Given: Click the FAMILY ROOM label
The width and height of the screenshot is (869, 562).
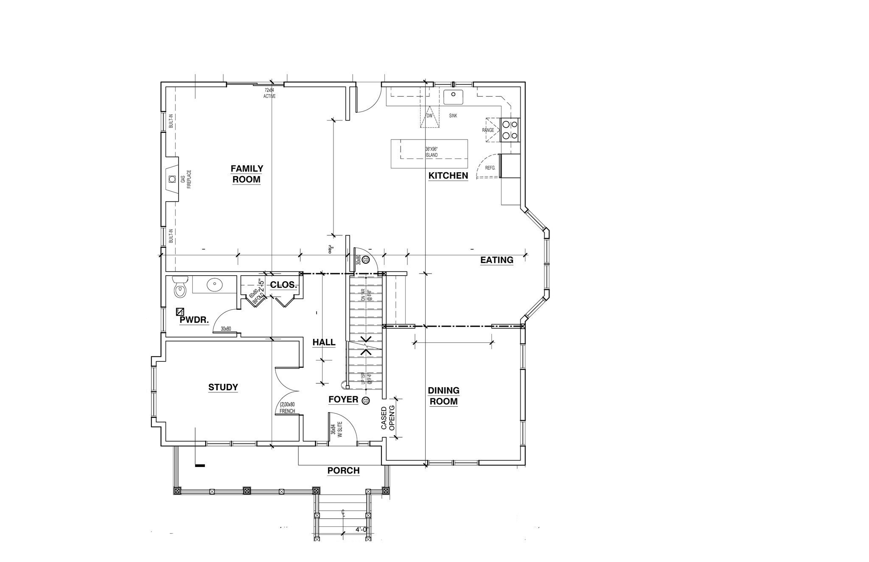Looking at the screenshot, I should [247, 174].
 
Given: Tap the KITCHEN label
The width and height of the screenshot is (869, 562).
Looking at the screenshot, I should [448, 176].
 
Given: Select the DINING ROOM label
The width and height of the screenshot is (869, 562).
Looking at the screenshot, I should [443, 396].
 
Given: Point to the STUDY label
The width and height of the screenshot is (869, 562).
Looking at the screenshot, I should [223, 387].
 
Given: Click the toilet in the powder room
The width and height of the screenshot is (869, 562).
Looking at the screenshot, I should [180, 287].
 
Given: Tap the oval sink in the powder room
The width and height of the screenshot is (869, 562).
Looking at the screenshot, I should [216, 285].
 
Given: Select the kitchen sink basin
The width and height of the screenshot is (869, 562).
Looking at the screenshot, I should [453, 97].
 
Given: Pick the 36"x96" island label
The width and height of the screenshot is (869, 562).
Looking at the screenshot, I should [431, 152].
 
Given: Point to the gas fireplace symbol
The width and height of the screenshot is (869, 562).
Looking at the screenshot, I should [171, 179].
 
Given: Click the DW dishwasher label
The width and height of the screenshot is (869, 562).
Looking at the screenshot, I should [429, 116].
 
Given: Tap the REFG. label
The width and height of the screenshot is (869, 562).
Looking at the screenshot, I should [490, 168].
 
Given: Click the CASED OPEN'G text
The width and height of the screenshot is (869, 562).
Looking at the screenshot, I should [388, 418].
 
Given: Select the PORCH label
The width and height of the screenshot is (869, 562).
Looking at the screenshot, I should [343, 470].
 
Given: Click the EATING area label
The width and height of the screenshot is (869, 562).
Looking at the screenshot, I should [496, 260].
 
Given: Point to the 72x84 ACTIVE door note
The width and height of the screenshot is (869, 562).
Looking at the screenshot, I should [269, 93].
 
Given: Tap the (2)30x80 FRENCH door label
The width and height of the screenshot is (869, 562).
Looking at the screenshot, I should [287, 408].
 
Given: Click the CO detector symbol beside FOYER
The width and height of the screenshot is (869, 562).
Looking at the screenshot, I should [365, 400].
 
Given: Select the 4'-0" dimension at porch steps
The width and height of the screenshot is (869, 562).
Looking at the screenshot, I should [362, 529].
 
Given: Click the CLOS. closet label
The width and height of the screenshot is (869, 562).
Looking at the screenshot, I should [283, 285].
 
